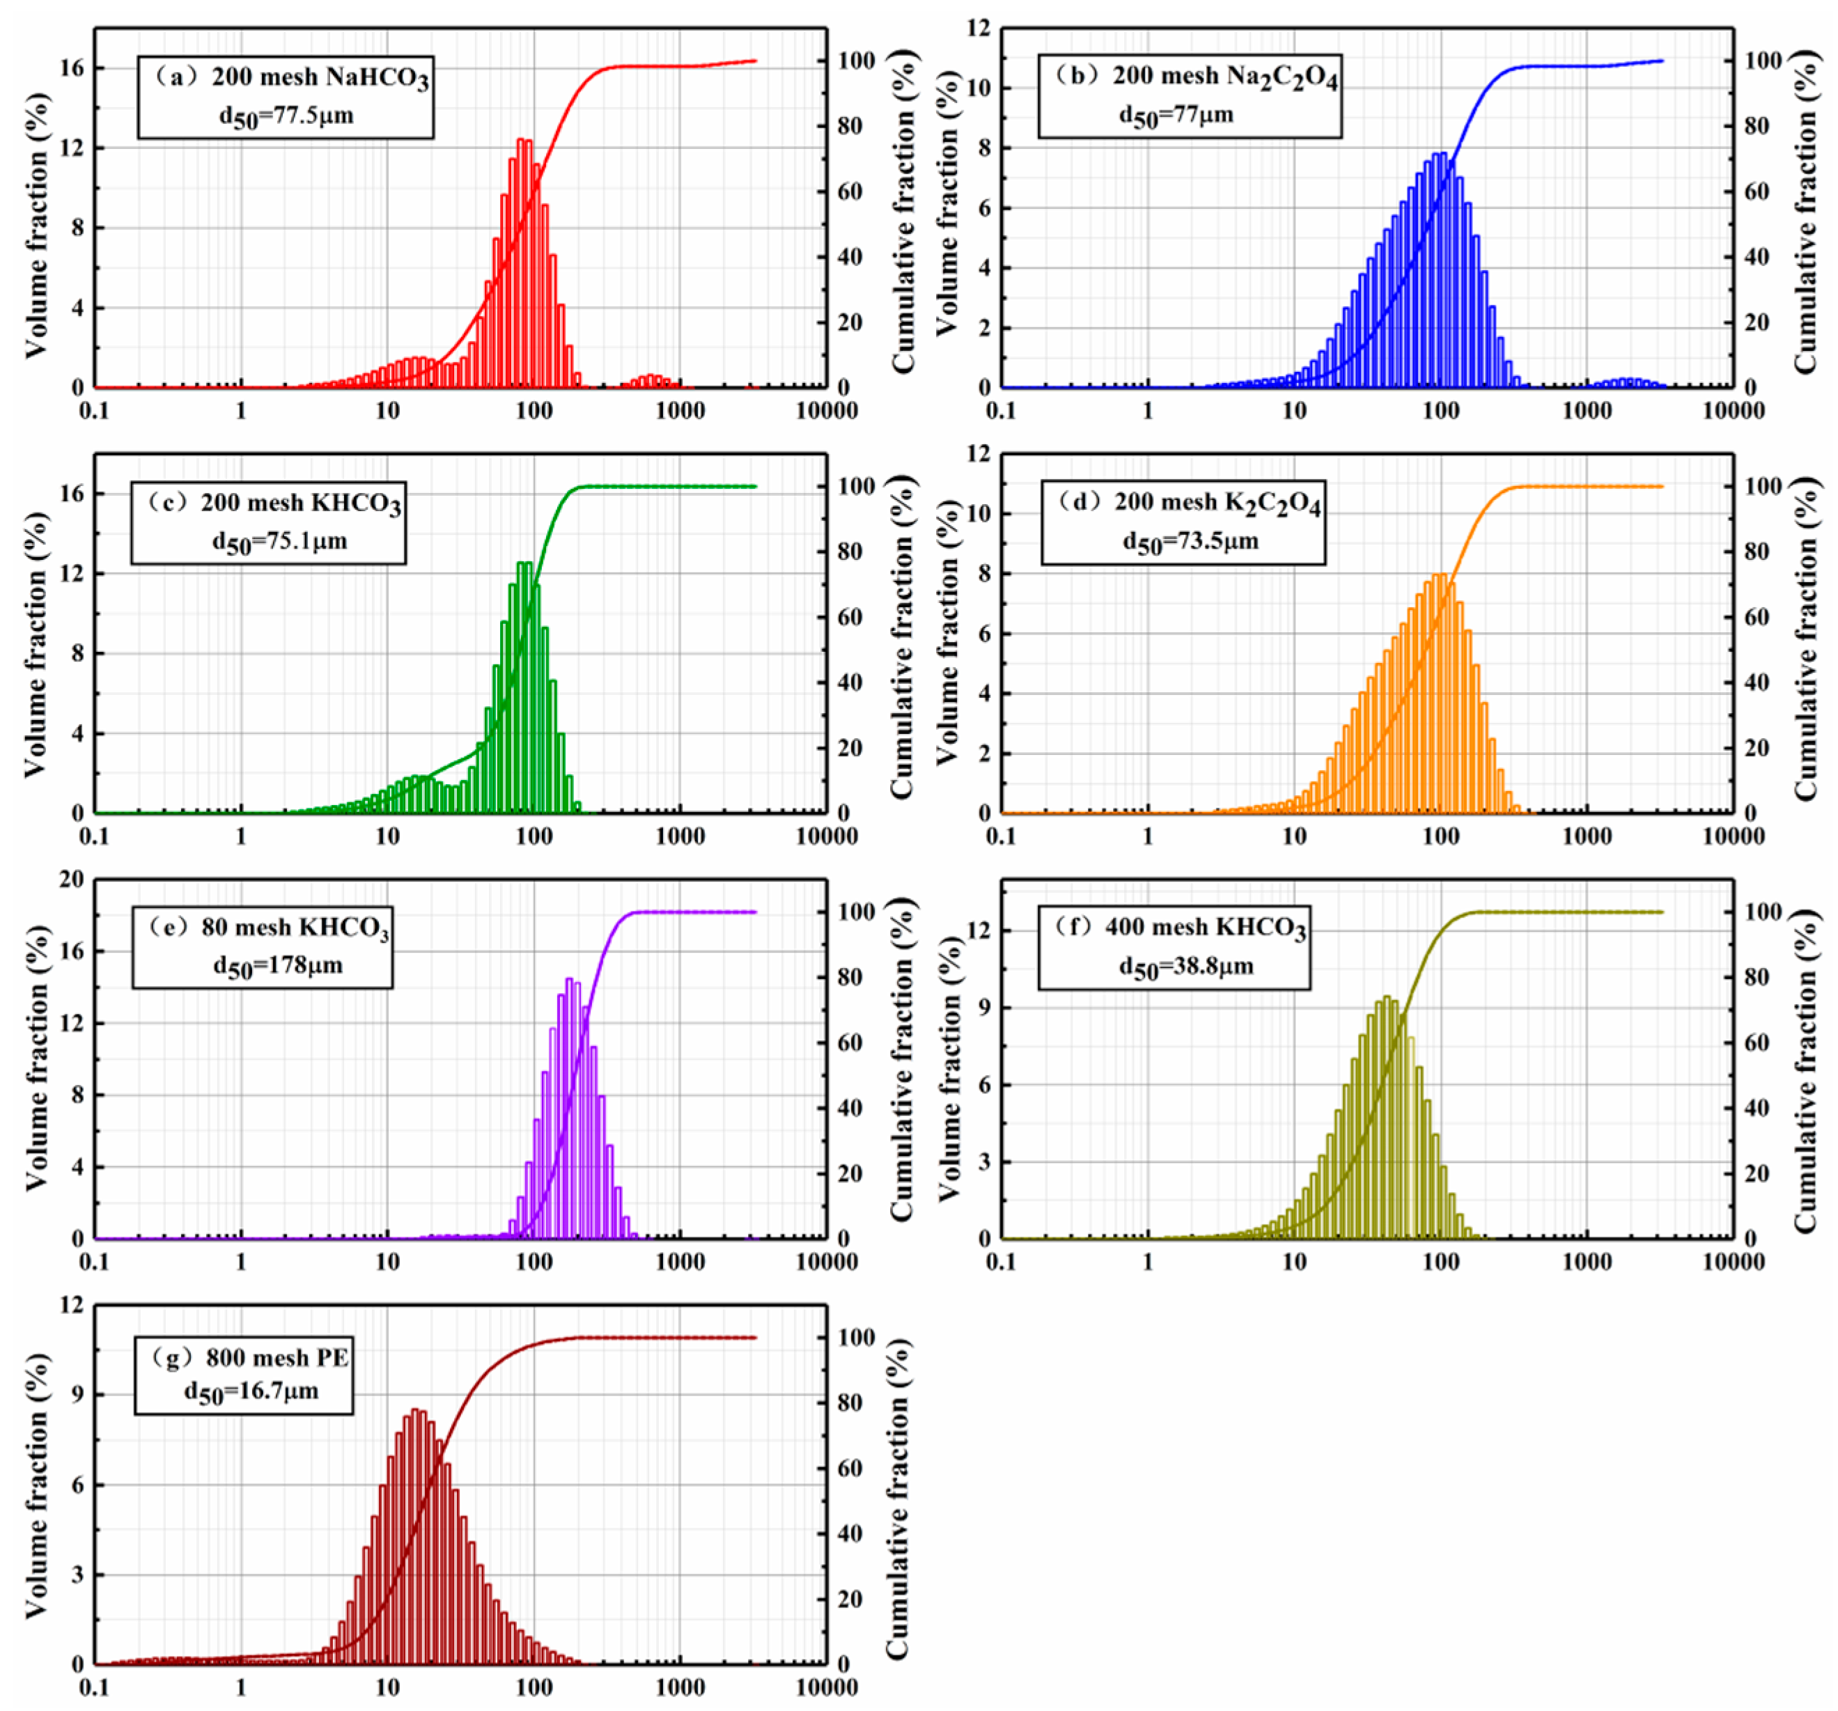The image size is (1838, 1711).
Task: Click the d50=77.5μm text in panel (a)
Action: point(286,116)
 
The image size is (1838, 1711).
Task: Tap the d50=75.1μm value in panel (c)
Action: point(279,542)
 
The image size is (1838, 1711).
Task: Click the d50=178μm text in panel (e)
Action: point(277,967)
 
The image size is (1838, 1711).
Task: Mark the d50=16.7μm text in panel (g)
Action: point(251,1392)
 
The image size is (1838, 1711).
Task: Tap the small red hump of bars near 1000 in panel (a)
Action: point(652,381)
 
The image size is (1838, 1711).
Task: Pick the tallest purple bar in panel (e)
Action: point(570,1109)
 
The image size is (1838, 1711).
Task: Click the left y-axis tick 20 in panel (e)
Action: point(71,880)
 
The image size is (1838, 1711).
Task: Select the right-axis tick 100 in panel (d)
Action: point(1762,486)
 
